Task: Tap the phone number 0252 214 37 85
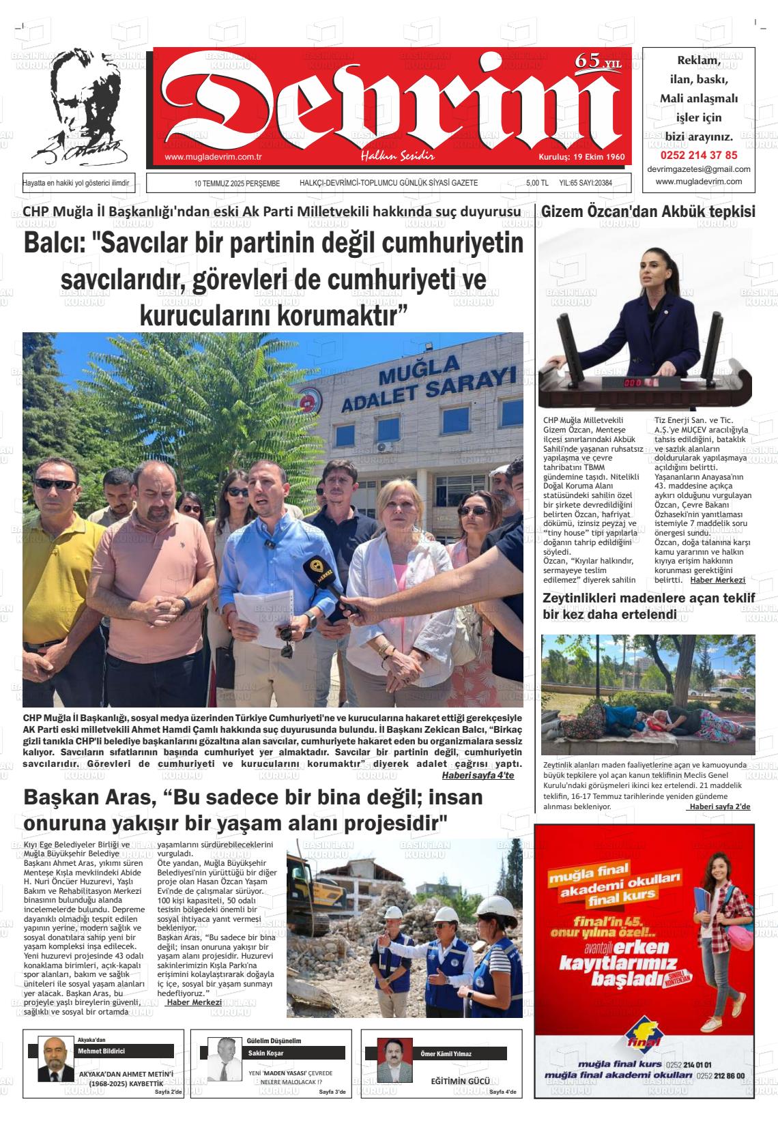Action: pyautogui.click(x=699, y=155)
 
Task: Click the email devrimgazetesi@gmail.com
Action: pyautogui.click(x=699, y=169)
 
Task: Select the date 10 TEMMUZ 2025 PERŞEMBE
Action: pyautogui.click(x=237, y=184)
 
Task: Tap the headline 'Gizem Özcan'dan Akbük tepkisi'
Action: pyautogui.click(x=648, y=212)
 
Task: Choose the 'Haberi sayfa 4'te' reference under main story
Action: pyautogui.click(x=478, y=775)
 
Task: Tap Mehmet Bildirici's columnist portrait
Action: pyautogui.click(x=54, y=1060)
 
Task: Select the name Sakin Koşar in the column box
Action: pyautogui.click(x=261, y=1053)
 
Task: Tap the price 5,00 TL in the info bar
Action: pyautogui.click(x=537, y=184)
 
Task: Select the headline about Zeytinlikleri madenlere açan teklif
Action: pyautogui.click(x=648, y=606)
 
